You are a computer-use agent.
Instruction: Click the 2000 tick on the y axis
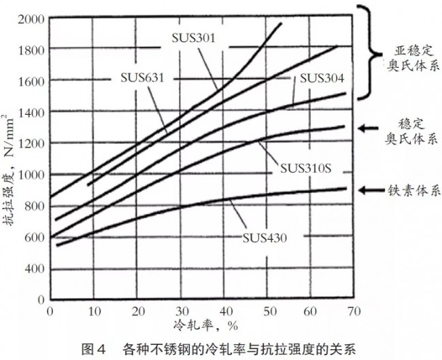click(30, 18)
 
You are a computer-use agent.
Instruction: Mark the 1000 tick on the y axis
click(30, 175)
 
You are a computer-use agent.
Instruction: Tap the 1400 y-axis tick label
click(30, 112)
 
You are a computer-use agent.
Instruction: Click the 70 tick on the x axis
click(352, 310)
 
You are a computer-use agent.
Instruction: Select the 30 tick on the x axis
click(180, 310)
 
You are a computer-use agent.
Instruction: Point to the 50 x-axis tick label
click(266, 310)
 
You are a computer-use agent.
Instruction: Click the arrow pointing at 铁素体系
click(372, 190)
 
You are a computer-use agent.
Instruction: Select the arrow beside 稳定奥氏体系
click(372, 127)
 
